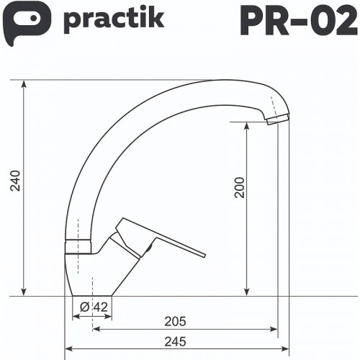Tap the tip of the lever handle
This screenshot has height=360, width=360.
pos(203,254)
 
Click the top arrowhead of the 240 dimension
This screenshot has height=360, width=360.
pos(24,82)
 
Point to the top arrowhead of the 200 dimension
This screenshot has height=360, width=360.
pos(248,125)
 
